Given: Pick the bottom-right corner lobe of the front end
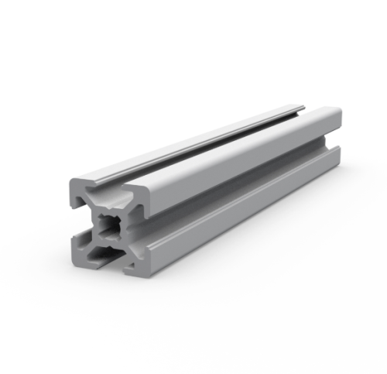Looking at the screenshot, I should [x=137, y=264].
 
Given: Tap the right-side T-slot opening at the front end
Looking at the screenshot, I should [x=140, y=233].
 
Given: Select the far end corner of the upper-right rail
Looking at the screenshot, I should [x=337, y=116].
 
